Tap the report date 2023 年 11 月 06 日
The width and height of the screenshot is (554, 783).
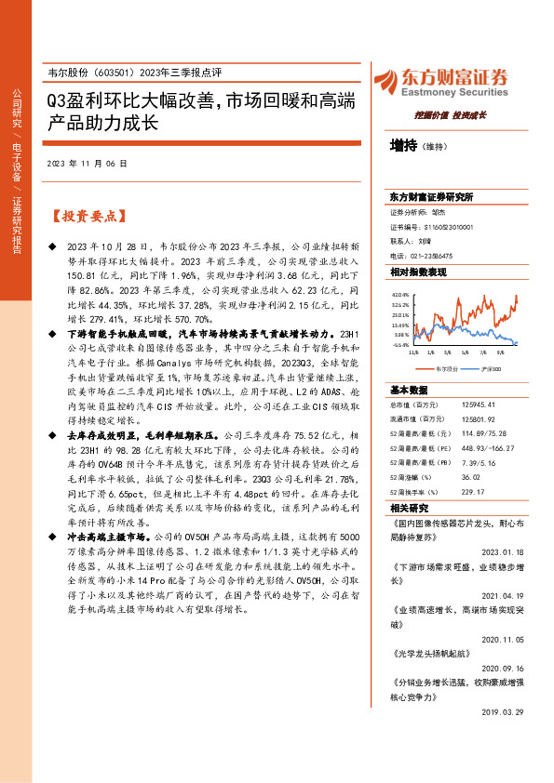coord(87,163)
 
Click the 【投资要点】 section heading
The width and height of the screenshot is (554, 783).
coord(88,216)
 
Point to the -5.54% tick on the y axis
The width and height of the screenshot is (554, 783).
coord(400,344)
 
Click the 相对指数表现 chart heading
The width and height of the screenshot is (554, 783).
coord(418,272)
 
